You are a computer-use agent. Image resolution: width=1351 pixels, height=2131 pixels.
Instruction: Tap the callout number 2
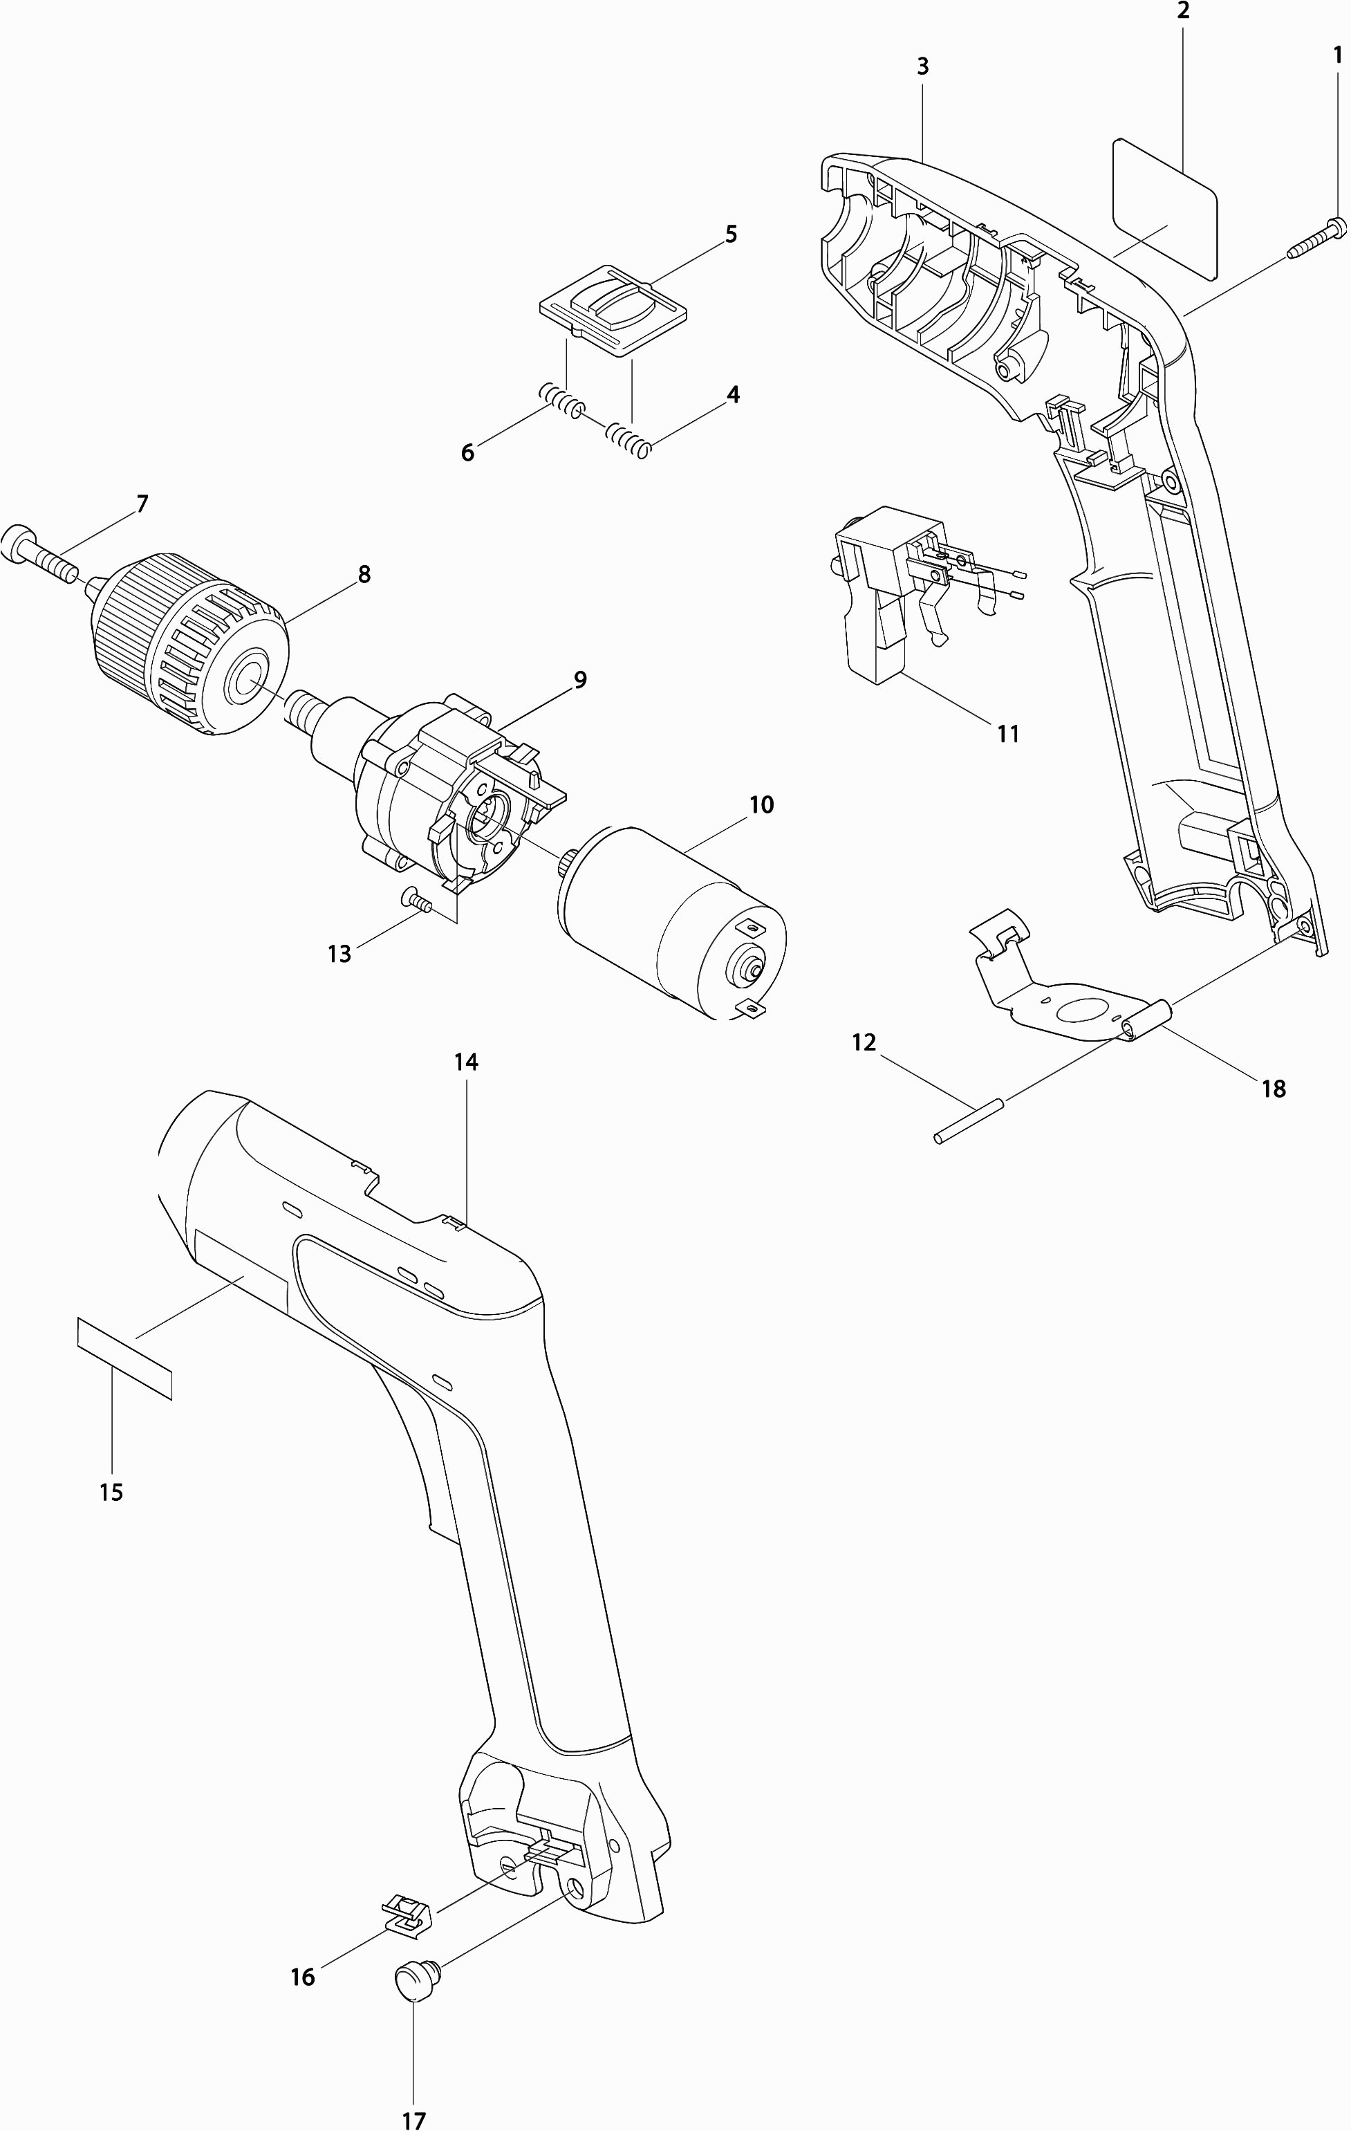(x=1184, y=12)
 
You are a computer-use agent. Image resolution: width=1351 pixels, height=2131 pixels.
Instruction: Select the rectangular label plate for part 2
(x=1164, y=208)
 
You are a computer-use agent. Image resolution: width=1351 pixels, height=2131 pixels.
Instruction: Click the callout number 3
(x=923, y=66)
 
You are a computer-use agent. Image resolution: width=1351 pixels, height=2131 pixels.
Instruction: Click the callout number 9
(x=580, y=680)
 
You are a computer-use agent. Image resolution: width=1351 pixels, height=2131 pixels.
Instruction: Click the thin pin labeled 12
(x=969, y=1120)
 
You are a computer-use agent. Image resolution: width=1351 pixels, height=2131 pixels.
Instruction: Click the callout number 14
(x=466, y=1061)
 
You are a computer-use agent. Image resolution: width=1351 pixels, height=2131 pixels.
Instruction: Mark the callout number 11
(x=1008, y=734)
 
